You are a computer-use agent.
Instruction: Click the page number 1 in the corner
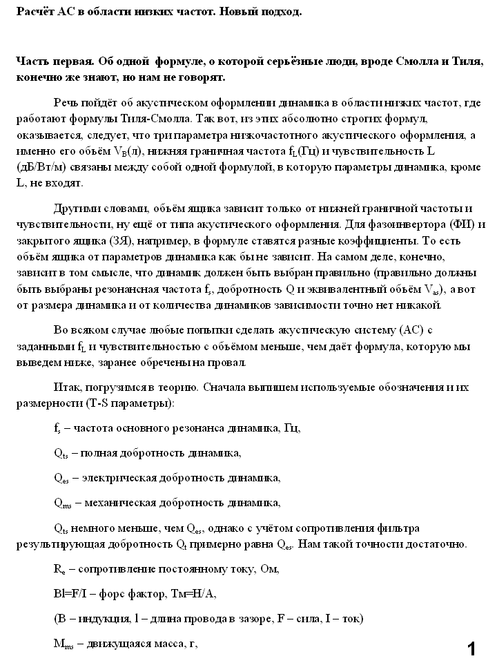(x=472, y=648)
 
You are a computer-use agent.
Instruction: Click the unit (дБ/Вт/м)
(x=41, y=168)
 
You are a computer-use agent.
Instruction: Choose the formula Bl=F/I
(x=71, y=594)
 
